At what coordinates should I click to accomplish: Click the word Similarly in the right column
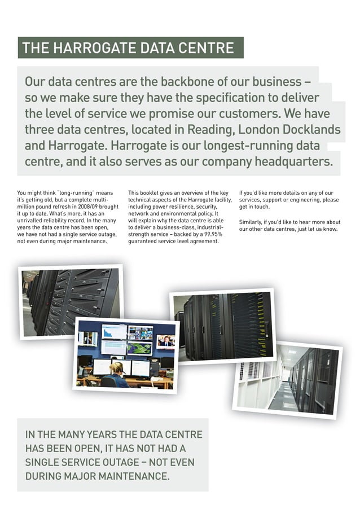coord(252,222)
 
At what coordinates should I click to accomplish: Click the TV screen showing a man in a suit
coord(165,341)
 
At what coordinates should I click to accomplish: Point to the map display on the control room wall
coord(139,348)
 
